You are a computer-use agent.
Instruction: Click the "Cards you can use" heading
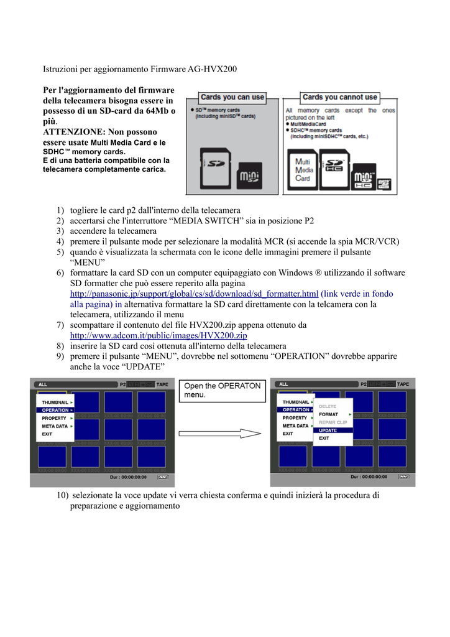click(x=232, y=98)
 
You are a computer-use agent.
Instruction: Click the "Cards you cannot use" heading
click(x=339, y=98)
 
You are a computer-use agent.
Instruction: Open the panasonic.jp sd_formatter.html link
click(x=194, y=293)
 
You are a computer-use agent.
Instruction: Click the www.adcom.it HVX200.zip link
click(x=158, y=335)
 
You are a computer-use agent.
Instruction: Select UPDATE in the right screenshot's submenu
click(x=328, y=430)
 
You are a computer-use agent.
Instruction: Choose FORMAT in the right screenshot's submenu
click(x=329, y=414)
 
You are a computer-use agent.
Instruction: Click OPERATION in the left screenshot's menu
click(x=56, y=411)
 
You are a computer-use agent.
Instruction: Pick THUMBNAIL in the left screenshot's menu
click(x=55, y=402)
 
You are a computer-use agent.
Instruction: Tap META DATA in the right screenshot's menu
click(x=295, y=426)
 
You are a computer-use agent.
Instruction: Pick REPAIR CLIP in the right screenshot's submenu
click(x=333, y=422)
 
